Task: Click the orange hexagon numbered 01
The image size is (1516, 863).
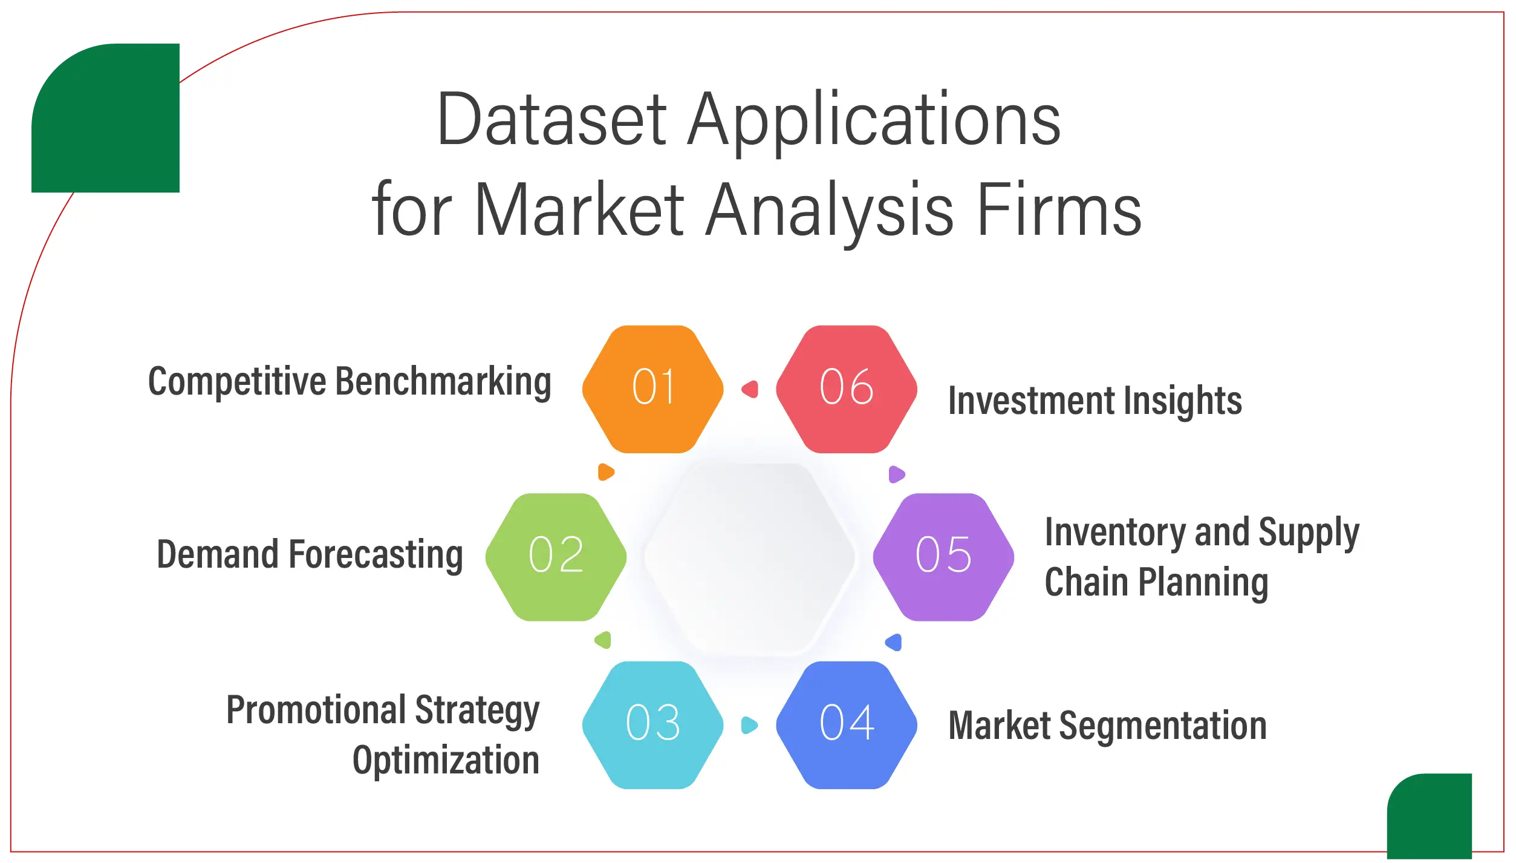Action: [x=652, y=389]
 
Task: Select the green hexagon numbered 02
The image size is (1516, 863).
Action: [x=556, y=557]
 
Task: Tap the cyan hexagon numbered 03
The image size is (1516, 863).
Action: [x=652, y=725]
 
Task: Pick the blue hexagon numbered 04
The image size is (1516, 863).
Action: [x=847, y=725]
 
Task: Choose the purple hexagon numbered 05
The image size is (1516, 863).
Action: [x=943, y=557]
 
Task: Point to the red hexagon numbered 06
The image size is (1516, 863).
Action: [x=847, y=389]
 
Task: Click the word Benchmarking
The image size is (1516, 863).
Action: [x=443, y=382]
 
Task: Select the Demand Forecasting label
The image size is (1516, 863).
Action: [x=310, y=555]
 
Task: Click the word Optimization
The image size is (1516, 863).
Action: [x=446, y=761]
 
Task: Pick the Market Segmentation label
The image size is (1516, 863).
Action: [x=1107, y=726]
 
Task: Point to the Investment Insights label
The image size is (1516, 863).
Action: [x=1095, y=401]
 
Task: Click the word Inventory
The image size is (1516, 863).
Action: [x=1114, y=533]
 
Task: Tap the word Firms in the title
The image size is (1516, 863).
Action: [x=1059, y=209]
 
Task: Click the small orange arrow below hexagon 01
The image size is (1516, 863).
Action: [x=605, y=472]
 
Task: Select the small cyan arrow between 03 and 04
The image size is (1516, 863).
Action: [x=749, y=725]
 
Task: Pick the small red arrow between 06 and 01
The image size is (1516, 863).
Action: [x=750, y=389]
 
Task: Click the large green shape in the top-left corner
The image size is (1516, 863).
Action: [x=105, y=119]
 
